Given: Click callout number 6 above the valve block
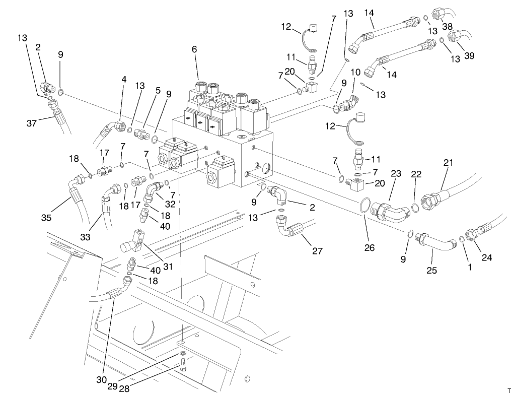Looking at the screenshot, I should (x=194, y=49).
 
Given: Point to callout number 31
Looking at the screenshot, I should (x=168, y=266).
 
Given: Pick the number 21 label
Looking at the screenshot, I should (x=448, y=162).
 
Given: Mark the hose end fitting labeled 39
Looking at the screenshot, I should (x=456, y=36).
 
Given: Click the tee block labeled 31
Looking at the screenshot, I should (x=136, y=241).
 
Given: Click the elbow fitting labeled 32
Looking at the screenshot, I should (x=152, y=192).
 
